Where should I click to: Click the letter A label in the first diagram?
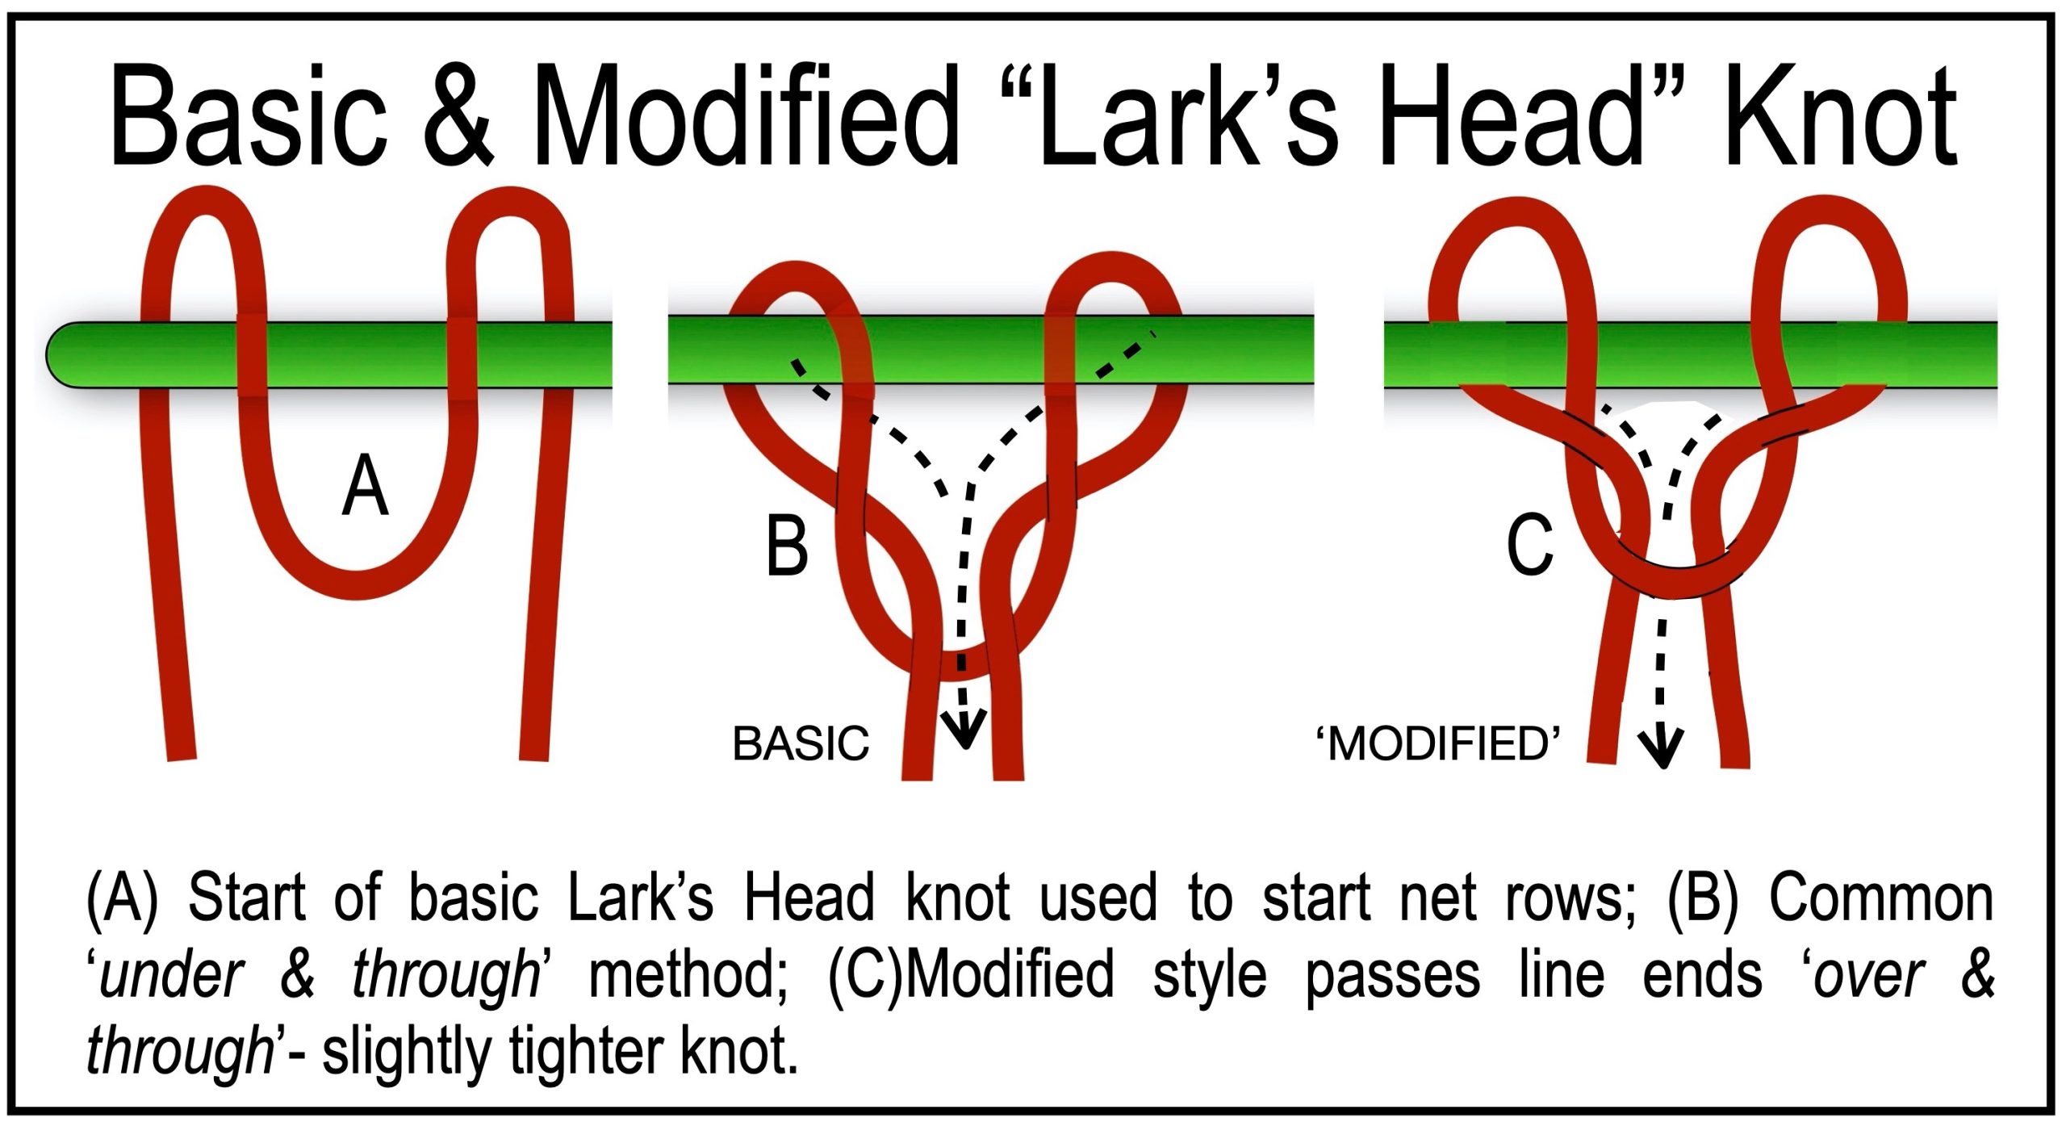click(366, 485)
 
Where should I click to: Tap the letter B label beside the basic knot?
click(786, 546)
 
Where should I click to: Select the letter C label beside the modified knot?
click(1529, 546)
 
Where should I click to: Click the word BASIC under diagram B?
click(801, 743)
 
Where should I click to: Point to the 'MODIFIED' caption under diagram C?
click(1438, 743)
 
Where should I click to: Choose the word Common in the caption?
click(1881, 898)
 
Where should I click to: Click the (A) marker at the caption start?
click(122, 898)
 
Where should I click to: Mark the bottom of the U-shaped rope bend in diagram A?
click(358, 584)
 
